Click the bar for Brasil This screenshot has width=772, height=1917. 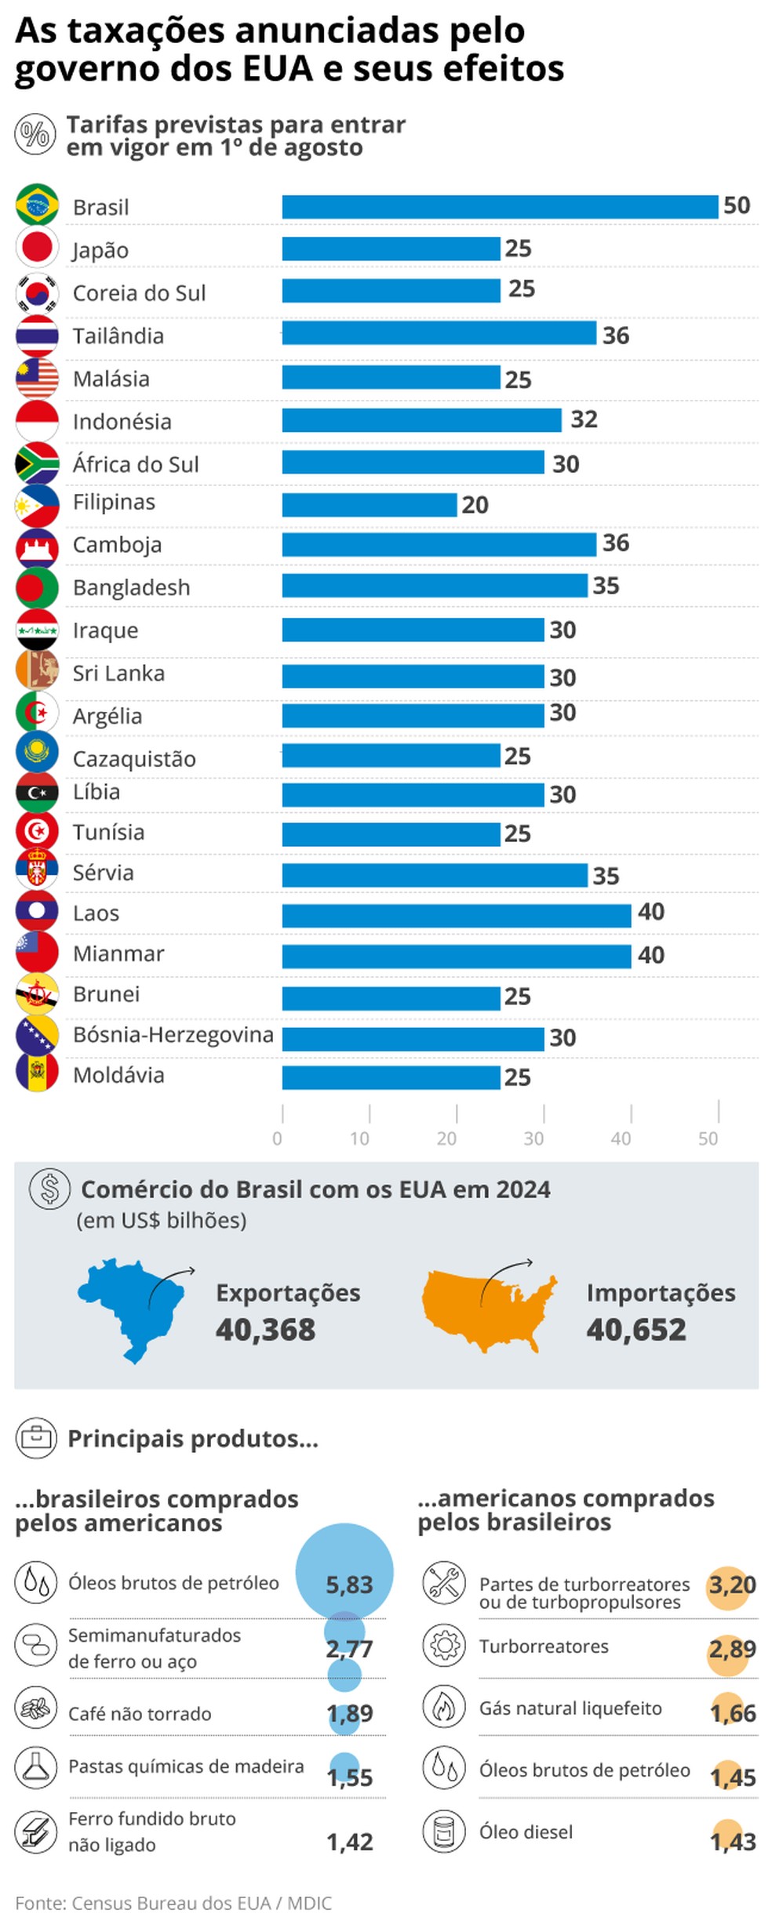499,207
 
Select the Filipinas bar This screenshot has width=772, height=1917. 369,504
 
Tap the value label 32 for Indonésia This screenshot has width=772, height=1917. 584,419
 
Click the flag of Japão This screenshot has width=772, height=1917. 37,248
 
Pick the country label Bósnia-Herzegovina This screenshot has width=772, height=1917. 173,1034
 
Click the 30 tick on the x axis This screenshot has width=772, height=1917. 534,1138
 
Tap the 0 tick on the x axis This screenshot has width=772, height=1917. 277,1138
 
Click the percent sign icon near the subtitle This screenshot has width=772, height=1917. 35,134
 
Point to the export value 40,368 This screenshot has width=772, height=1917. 265,1330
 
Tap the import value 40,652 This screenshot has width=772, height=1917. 635,1330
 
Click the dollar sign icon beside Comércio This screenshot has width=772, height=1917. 49,1188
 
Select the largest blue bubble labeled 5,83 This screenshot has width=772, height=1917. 344,1570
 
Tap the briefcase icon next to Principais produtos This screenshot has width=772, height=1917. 36,1438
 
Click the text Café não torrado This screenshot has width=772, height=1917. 140,1714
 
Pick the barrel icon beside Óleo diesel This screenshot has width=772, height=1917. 444,1832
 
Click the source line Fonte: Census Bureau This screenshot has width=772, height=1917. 173,1903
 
